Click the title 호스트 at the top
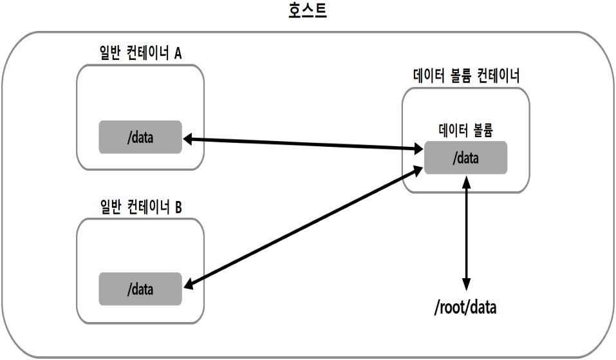coord(308,11)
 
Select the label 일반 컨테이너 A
coord(140,53)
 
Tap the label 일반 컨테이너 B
coord(140,207)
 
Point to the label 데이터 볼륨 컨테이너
coord(466,76)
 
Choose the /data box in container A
coord(140,137)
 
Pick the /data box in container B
coord(140,289)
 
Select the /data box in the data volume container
coord(465,157)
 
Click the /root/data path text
coord(466,308)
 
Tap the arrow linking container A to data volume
coord(303,144)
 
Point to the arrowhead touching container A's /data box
coord(189,138)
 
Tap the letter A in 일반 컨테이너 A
coord(178,53)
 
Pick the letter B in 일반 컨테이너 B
coord(178,207)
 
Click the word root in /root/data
coord(453,308)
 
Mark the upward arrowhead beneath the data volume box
coord(467,182)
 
